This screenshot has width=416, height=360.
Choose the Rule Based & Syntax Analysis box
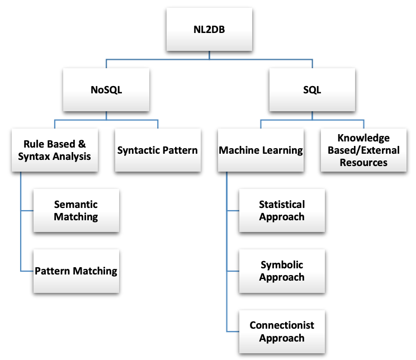(54, 150)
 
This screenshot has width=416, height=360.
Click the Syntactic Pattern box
(157, 150)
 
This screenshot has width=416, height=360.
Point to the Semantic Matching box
(76, 211)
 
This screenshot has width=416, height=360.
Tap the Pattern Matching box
(76, 271)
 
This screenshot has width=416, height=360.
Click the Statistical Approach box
(282, 211)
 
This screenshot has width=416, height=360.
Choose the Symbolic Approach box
(282, 271)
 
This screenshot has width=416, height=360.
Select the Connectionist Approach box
(282, 331)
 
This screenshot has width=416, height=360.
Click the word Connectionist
(282, 325)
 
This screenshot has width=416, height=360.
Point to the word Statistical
(282, 205)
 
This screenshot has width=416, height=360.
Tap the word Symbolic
(282, 265)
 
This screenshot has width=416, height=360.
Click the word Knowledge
(363, 138)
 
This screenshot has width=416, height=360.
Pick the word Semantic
(76, 205)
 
